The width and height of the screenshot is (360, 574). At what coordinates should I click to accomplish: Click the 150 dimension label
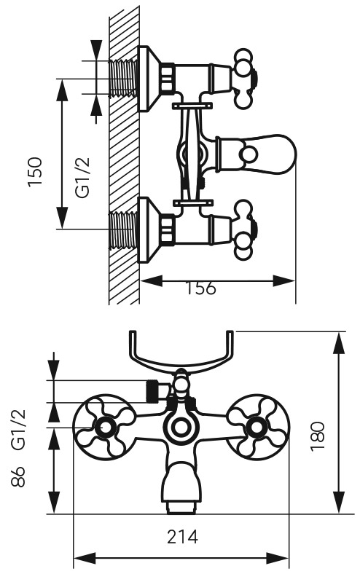(36, 172)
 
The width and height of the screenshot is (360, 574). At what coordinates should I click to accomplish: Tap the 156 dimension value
(200, 288)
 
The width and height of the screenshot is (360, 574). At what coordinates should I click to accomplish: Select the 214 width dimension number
(182, 537)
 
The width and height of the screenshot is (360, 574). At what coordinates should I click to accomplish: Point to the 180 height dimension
(318, 437)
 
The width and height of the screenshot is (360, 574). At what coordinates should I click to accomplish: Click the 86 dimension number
(18, 476)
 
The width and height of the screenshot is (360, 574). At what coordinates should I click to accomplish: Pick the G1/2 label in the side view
(82, 178)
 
